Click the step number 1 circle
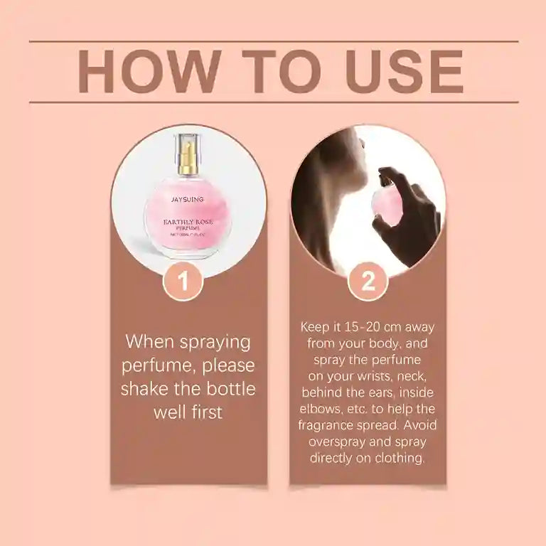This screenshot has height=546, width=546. (x=183, y=282)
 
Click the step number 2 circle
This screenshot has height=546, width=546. (x=368, y=282)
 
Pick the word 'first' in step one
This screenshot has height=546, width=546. (x=205, y=412)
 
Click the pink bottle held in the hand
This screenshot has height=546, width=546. (x=390, y=204)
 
